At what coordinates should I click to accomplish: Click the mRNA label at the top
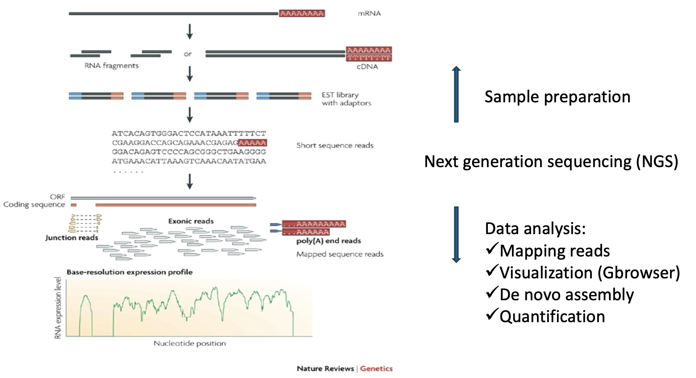coord(369,13)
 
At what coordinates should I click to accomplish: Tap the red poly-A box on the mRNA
coord(302,13)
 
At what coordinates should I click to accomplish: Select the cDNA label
coord(367,67)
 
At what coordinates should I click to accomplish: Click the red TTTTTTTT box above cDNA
coord(369,58)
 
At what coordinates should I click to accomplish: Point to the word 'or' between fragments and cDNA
coord(188,54)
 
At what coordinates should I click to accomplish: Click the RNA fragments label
coord(112,66)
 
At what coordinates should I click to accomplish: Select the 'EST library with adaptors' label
coord(346,99)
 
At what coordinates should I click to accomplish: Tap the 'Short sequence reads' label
coord(335,145)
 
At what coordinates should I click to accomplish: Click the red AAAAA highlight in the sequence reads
coord(252,143)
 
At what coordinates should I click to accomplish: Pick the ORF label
coord(58,197)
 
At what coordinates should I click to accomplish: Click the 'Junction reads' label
coord(71,238)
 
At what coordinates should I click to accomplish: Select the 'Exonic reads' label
coord(191,221)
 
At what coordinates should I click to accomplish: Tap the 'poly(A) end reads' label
coord(328,241)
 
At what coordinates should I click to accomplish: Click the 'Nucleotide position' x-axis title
coord(189,343)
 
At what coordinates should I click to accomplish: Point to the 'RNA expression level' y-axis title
coord(58,308)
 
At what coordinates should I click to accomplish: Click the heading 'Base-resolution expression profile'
coord(130,272)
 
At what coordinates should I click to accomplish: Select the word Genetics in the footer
coord(376,369)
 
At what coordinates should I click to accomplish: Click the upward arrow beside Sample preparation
coord(456,94)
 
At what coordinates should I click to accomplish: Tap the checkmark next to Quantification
coord(491,315)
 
